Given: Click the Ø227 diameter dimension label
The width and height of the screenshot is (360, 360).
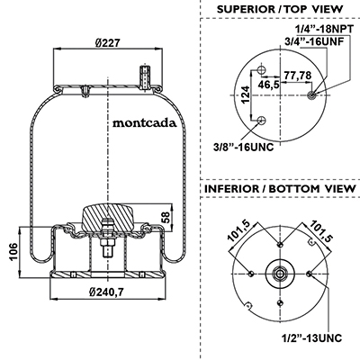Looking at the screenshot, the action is [108, 42].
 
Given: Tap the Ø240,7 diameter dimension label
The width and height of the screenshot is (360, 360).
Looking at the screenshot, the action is [107, 292].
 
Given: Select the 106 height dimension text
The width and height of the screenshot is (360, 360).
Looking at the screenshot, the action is [13, 252].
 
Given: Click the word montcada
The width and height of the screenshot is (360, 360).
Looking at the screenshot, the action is [145, 123].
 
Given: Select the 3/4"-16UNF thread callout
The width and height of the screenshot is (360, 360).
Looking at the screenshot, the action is [314, 41].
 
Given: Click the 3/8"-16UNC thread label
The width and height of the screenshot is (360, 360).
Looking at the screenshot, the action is [244, 147].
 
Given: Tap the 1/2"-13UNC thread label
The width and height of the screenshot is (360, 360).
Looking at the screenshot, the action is [311, 338].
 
